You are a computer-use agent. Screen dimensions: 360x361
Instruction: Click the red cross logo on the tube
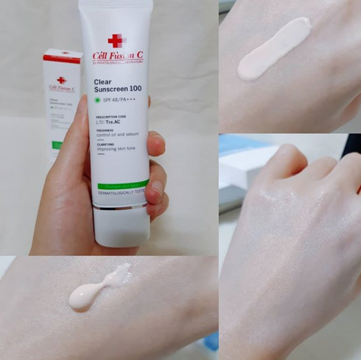click(x=115, y=41)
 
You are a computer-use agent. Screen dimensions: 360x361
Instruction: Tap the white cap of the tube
click(x=122, y=228)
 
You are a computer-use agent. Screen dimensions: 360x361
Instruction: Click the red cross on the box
click(x=61, y=80)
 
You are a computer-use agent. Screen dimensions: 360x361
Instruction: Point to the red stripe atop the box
click(x=61, y=59)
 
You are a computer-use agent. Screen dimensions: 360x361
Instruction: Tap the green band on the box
click(x=57, y=145)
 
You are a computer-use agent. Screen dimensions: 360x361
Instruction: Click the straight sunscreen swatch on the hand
click(x=274, y=49)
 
